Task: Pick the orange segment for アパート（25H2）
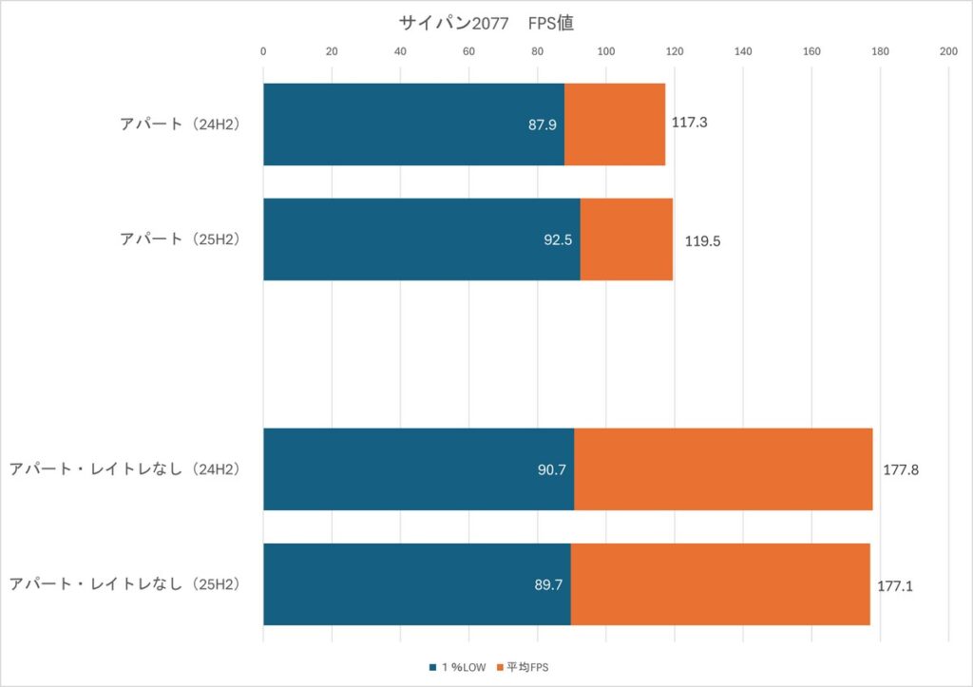pos(626,239)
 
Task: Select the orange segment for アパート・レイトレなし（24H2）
pos(723,469)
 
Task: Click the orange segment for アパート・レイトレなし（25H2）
pos(720,584)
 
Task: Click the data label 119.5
pos(702,241)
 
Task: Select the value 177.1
pos(895,586)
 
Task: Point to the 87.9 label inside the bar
pos(543,124)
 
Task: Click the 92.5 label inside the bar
pos(558,240)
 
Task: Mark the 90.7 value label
pos(551,470)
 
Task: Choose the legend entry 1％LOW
pos(462,667)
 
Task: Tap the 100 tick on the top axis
pos(605,51)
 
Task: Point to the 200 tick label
pos(947,51)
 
